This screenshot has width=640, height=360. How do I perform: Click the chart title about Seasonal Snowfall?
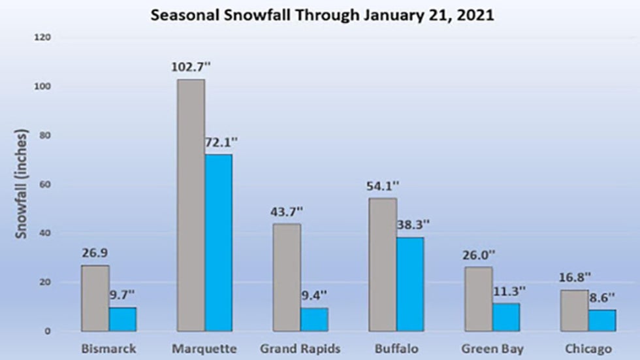click(x=322, y=14)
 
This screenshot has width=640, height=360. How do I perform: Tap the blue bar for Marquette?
click(x=218, y=242)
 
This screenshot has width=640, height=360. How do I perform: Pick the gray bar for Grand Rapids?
click(x=287, y=277)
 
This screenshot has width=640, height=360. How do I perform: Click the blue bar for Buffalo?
click(x=409, y=284)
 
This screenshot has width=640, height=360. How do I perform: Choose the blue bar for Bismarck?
click(x=123, y=319)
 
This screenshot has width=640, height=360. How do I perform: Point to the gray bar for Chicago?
click(x=575, y=310)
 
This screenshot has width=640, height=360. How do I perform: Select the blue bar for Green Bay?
click(x=506, y=317)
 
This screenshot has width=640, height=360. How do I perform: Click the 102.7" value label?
click(x=191, y=67)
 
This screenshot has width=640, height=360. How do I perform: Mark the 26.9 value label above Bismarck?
click(x=95, y=252)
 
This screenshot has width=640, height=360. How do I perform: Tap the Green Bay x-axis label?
click(x=492, y=349)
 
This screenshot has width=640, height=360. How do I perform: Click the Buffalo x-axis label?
click(x=396, y=349)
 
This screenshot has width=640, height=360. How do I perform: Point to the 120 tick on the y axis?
click(x=43, y=38)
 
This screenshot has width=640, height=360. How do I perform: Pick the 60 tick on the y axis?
click(x=46, y=185)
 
